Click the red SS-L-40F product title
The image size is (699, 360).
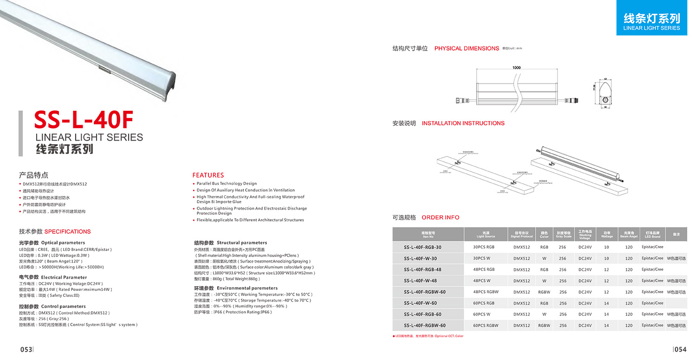pos(84,121)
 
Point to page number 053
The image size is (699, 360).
pos(26,349)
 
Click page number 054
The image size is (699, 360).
pos(680,349)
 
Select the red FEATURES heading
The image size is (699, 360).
pos(208,175)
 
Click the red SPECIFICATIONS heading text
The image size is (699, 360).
pos(67,231)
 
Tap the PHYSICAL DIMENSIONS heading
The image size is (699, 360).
pos(466,48)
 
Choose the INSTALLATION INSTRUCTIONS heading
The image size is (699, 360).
pos(463,123)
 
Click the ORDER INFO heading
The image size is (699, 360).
pos(440,217)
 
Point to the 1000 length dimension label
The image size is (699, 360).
pos(516,68)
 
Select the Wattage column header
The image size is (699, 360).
pos(607,234)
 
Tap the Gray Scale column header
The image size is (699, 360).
pos(563,234)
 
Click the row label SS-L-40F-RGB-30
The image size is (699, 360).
pos(422,247)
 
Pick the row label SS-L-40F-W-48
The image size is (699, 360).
pos(420,281)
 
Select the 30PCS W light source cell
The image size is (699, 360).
pos(481,258)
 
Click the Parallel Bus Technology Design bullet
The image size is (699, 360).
pos(227,184)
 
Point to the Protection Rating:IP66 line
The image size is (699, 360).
pos(233,312)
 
